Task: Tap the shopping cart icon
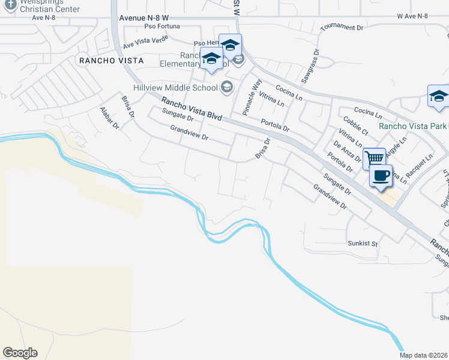[x=375, y=158]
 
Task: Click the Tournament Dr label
[x=342, y=28]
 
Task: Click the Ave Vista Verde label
[x=146, y=41]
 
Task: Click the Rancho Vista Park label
[x=414, y=126]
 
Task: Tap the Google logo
[x=20, y=353]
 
